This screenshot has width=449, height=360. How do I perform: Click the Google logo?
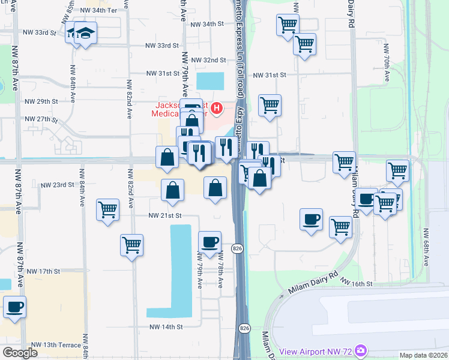click(20, 353)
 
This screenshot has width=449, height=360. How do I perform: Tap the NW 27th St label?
click(42, 119)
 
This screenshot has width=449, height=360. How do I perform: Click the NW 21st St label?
click(165, 215)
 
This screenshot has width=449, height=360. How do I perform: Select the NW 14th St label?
click(165, 327)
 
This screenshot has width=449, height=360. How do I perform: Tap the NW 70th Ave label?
click(387, 70)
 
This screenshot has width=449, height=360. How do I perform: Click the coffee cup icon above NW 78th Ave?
click(209, 242)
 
